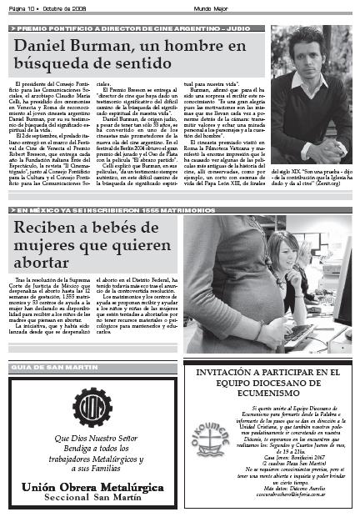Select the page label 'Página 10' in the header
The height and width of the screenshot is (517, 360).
coord(22,3)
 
